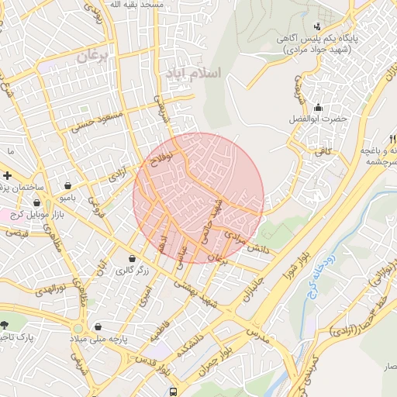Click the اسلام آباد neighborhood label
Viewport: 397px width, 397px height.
193,73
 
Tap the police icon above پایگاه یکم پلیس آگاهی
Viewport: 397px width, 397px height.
317,26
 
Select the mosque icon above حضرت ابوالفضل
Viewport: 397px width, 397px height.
317,107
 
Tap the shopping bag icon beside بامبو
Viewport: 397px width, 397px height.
71,186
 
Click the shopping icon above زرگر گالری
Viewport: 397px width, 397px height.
131,258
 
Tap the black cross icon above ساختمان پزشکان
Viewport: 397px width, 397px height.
7,175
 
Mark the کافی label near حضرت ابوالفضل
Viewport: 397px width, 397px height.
323,152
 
